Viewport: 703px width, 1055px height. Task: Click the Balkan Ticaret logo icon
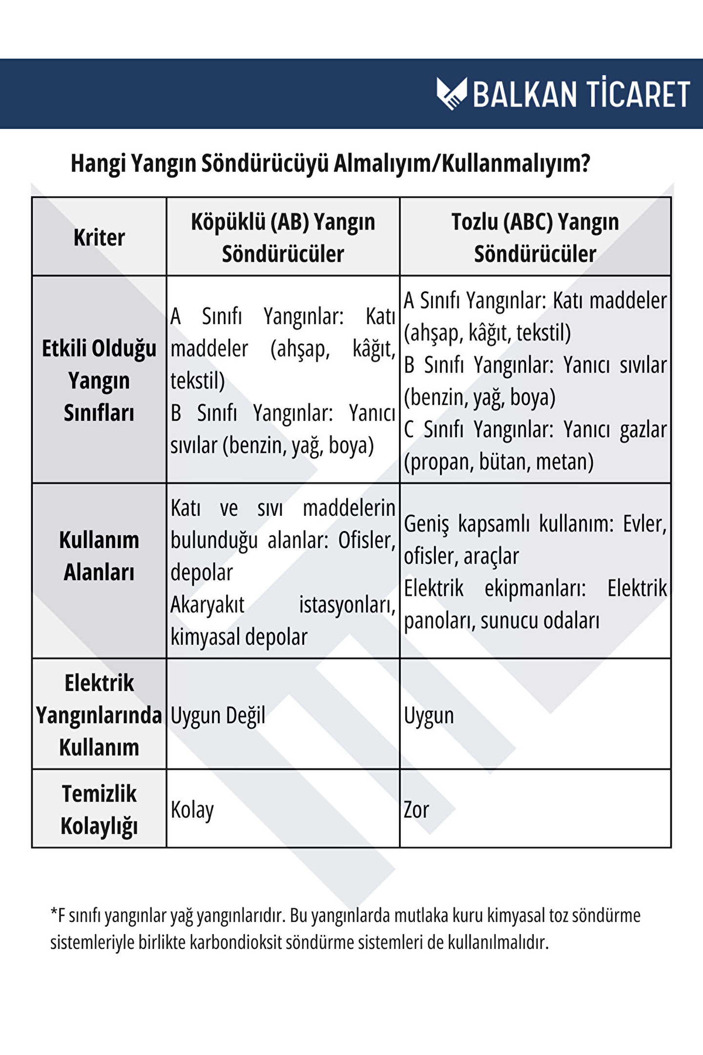tap(452, 93)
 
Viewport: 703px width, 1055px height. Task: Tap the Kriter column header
tap(99, 238)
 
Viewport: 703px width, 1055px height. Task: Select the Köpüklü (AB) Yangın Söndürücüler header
tap(283, 238)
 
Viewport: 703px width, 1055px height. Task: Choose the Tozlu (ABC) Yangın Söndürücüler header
tap(535, 238)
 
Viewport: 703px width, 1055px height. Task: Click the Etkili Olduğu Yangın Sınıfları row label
tap(99, 380)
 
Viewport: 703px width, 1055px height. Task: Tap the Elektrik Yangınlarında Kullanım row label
tap(99, 715)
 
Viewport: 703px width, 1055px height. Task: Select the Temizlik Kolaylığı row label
tap(99, 809)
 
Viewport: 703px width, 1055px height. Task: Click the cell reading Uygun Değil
tap(218, 716)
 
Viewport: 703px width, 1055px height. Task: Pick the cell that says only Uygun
tap(429, 716)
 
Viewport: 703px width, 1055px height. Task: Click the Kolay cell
tap(192, 810)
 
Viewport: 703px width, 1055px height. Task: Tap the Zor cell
tap(416, 810)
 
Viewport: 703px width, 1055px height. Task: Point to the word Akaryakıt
tap(207, 605)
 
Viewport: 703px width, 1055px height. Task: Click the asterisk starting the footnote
tap(54, 912)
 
